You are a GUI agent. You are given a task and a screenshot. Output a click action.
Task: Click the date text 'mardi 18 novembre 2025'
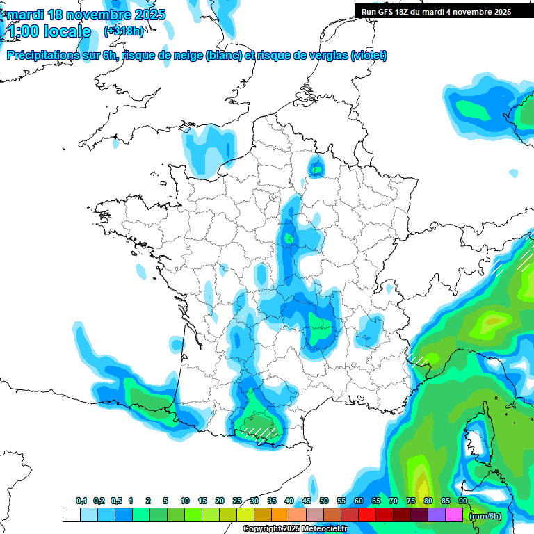click(x=86, y=14)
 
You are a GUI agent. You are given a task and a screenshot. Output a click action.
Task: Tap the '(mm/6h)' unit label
click(x=485, y=515)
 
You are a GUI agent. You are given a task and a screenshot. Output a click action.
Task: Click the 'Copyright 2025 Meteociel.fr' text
click(x=295, y=529)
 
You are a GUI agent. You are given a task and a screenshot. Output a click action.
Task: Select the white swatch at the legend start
click(x=71, y=515)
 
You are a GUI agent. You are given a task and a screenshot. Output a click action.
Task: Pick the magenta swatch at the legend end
click(x=454, y=515)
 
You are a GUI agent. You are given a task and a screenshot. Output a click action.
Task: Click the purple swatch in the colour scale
click(x=437, y=515)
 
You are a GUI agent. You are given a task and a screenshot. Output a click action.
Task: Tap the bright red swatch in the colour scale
click(x=367, y=515)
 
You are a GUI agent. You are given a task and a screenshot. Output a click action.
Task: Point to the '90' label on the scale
click(x=462, y=501)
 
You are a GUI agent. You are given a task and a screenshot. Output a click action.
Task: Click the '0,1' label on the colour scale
click(x=81, y=501)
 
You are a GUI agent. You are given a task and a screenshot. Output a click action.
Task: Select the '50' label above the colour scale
click(x=324, y=501)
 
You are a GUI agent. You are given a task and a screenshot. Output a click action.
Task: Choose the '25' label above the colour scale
click(x=237, y=501)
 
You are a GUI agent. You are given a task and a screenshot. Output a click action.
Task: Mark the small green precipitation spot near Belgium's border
click(x=317, y=168)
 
